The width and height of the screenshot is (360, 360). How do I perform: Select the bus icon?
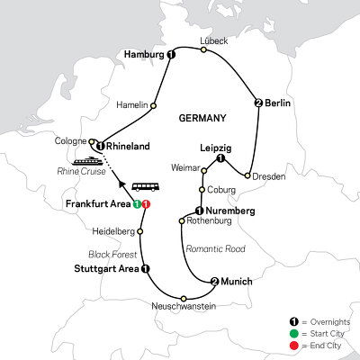tap(142, 188)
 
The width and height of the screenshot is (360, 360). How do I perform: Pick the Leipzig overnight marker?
tap(220, 159)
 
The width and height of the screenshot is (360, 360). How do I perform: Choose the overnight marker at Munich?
tap(213, 280)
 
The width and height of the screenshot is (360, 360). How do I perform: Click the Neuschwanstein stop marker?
tap(184, 298)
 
